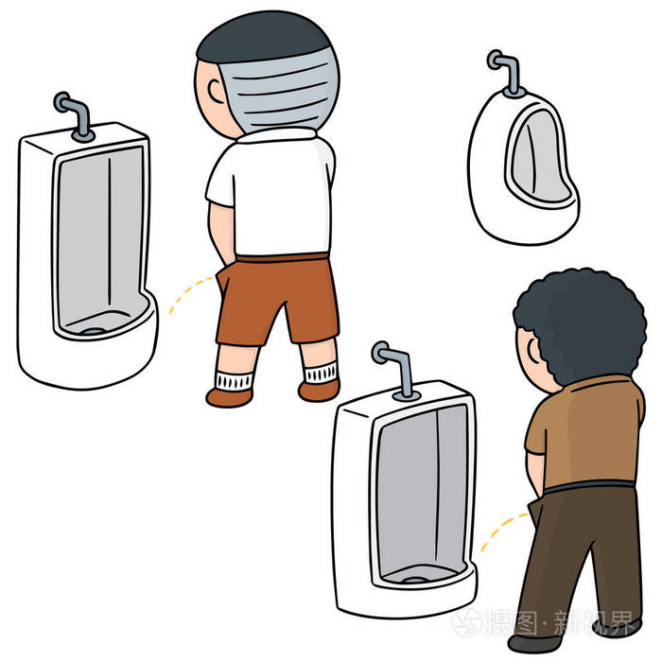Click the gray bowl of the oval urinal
click(534, 161)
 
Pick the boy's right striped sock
click(320, 373)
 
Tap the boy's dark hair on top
click(265, 33)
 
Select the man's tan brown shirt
click(586, 430)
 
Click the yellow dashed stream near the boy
click(187, 293)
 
